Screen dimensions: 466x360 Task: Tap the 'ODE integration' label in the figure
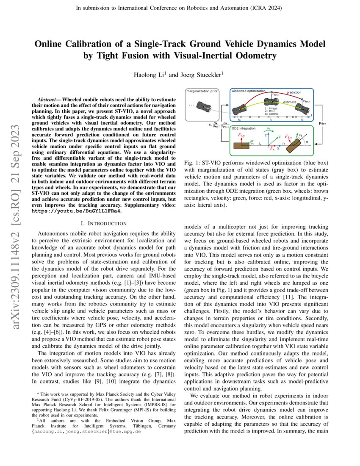[244, 128]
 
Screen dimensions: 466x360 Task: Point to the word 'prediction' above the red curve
[294, 92]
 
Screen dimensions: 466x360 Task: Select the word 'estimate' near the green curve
[290, 102]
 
